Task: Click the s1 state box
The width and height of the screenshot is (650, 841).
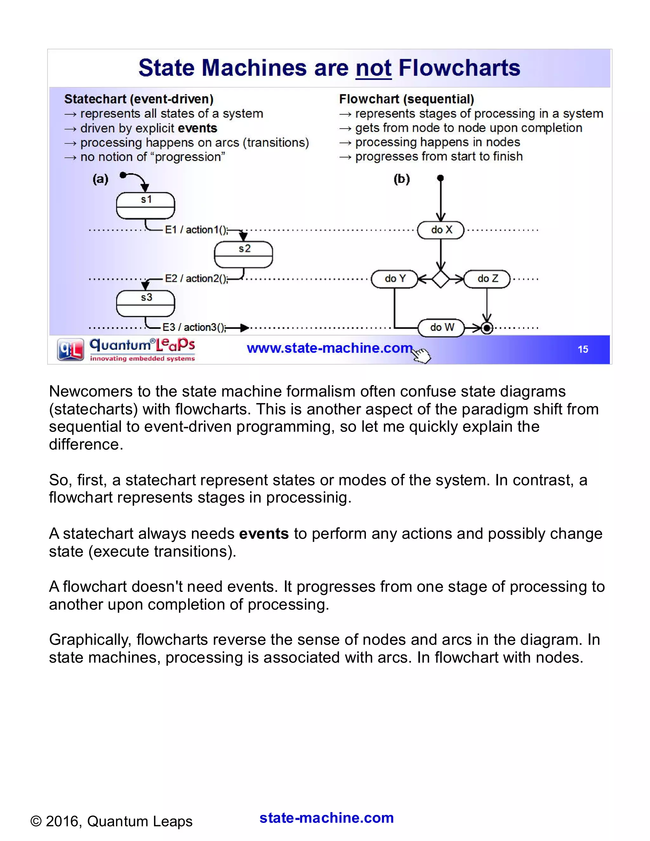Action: click(146, 206)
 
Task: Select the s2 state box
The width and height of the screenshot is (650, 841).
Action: click(243, 254)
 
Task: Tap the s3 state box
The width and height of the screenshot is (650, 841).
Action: click(146, 303)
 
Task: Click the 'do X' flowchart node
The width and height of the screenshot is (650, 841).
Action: click(441, 230)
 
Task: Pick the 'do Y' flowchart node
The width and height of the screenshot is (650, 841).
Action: click(394, 278)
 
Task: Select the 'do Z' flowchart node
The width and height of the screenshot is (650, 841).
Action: click(487, 278)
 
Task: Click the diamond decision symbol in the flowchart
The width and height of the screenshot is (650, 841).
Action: click(441, 279)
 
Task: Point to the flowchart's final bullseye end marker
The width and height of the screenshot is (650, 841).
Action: click(487, 328)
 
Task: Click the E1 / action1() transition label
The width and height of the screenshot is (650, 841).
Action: click(196, 230)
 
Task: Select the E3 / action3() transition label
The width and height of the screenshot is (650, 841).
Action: click(194, 327)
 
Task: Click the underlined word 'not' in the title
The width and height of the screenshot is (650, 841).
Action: click(373, 68)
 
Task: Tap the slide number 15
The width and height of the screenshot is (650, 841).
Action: click(583, 349)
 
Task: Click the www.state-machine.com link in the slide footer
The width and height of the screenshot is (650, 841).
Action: click(329, 348)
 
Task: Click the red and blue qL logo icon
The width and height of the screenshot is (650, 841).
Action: click(70, 349)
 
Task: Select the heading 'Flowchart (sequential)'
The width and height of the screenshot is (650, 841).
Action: click(406, 99)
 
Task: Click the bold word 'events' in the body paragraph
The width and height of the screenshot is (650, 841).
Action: click(264, 534)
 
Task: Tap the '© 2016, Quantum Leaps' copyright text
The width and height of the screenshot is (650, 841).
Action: click(111, 821)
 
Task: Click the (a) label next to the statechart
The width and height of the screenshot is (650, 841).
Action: click(101, 179)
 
